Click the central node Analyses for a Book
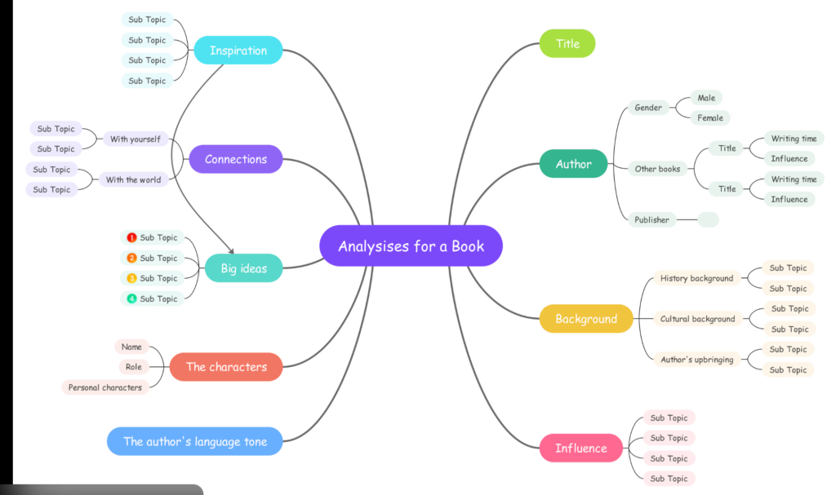[411, 245]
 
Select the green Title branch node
[567, 43]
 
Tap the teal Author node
[573, 164]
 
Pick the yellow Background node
[586, 319]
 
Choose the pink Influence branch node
[580, 448]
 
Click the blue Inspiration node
[238, 51]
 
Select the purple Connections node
[236, 159]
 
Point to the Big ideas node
[243, 268]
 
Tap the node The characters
[226, 367]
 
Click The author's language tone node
[195, 441]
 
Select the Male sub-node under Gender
[706, 98]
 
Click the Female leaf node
[709, 117]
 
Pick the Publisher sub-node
[651, 219]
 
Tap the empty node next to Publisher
[709, 219]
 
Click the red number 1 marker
[131, 238]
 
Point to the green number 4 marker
[131, 298]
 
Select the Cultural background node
[697, 319]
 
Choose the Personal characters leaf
[104, 387]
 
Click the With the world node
[133, 179]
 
